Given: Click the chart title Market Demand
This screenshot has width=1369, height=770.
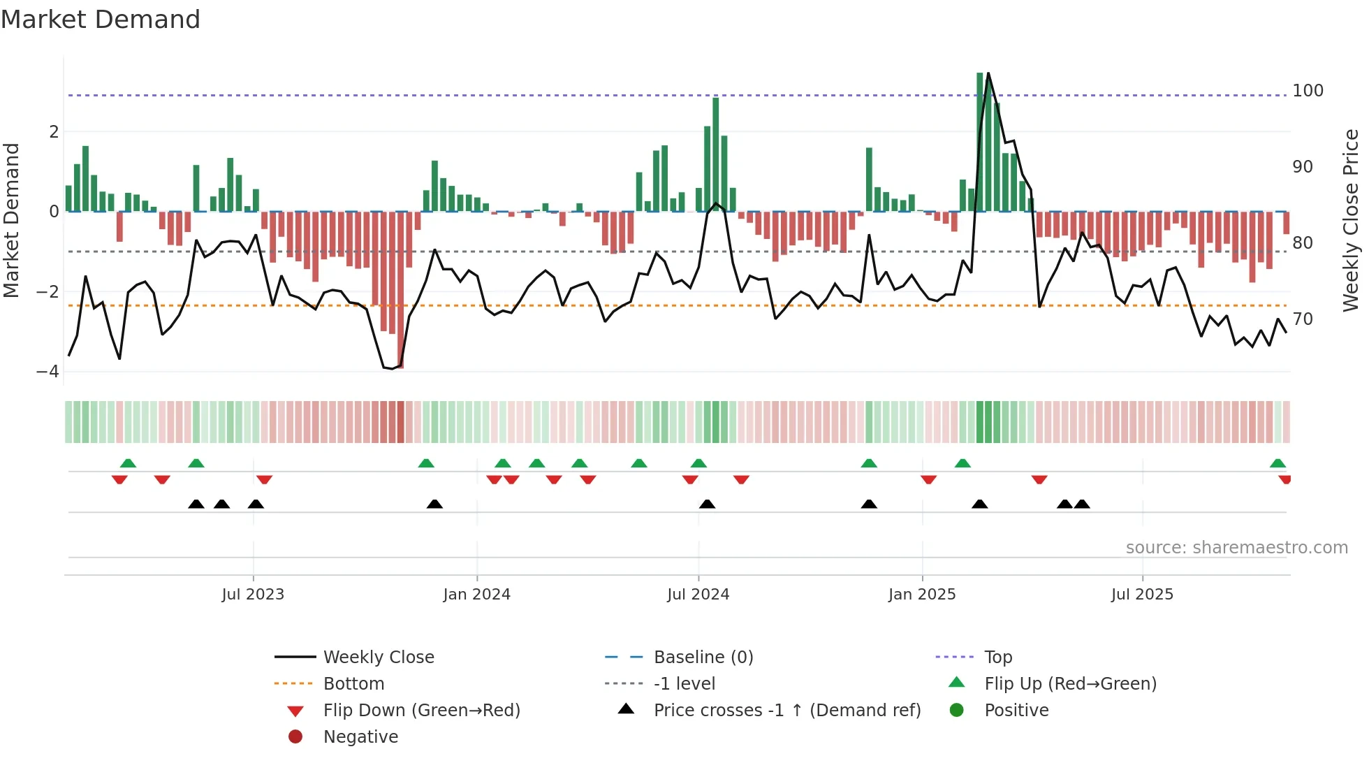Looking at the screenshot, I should (x=101, y=20).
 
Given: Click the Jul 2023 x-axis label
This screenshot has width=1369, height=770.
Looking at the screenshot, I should (x=253, y=595).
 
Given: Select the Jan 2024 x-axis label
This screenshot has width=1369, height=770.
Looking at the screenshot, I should (x=477, y=595).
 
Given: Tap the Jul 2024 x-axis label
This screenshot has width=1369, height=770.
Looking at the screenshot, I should (x=698, y=595).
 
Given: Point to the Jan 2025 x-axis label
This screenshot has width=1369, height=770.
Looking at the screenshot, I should (x=922, y=595).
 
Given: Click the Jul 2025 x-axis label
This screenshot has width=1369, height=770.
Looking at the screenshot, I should (x=1142, y=595).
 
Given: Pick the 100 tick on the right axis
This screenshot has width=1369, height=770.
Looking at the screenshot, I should (x=1308, y=91).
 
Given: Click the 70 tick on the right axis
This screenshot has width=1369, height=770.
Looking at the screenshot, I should (x=1303, y=319).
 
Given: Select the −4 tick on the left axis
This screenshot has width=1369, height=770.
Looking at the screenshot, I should (x=47, y=372).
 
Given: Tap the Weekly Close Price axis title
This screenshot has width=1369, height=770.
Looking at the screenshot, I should (x=1351, y=220).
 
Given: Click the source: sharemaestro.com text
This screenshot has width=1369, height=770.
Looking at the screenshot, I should (x=1236, y=548).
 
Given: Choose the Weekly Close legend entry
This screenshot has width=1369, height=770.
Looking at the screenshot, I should (x=379, y=658).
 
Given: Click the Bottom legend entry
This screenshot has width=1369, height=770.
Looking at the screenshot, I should (x=353, y=684).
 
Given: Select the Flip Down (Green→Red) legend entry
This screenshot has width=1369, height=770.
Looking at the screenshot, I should (x=421, y=711).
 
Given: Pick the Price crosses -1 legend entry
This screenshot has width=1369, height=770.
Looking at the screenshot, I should (x=786, y=711).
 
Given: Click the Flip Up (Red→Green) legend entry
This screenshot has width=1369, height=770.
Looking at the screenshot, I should (x=1070, y=684).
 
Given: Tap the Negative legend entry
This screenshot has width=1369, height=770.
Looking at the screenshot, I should (x=360, y=737).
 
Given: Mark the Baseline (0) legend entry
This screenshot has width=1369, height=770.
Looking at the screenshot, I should (x=703, y=658).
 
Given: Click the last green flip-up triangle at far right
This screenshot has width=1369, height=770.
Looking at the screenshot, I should (x=1278, y=463).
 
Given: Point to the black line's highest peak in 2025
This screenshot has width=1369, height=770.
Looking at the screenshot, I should (x=988, y=73).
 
